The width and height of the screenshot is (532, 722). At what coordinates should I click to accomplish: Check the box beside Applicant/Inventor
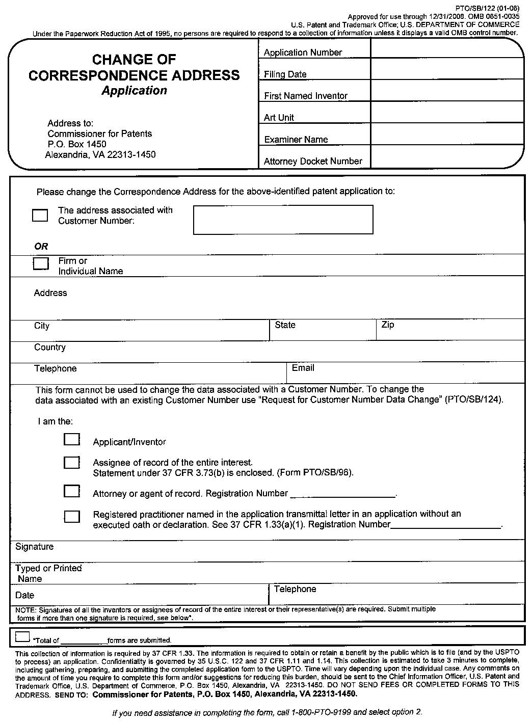click(x=72, y=439)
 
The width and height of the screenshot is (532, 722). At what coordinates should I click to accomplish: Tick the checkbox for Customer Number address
click(x=40, y=215)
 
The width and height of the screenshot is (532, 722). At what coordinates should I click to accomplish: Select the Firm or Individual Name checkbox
click(x=41, y=263)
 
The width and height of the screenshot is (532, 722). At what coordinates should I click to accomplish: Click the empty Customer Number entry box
click(x=283, y=220)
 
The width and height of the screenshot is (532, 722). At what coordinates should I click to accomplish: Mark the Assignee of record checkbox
click(x=72, y=462)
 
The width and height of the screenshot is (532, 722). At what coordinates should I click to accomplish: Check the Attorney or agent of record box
click(x=72, y=491)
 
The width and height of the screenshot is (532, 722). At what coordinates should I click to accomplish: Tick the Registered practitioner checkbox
click(x=72, y=517)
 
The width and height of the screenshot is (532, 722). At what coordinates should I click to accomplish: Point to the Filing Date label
click(x=285, y=74)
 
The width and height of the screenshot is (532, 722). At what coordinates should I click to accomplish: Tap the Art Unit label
click(x=279, y=118)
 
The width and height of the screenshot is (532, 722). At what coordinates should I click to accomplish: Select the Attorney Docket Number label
click(x=313, y=162)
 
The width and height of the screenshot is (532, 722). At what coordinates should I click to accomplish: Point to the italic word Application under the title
click(x=134, y=91)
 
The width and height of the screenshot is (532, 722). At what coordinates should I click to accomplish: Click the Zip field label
click(x=388, y=325)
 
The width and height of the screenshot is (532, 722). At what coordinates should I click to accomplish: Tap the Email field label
click(x=303, y=368)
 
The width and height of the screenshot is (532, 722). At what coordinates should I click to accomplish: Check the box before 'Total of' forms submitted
click(x=22, y=636)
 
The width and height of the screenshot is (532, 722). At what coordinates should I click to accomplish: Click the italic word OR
click(x=41, y=246)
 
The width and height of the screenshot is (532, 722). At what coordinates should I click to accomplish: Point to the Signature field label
click(x=34, y=547)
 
